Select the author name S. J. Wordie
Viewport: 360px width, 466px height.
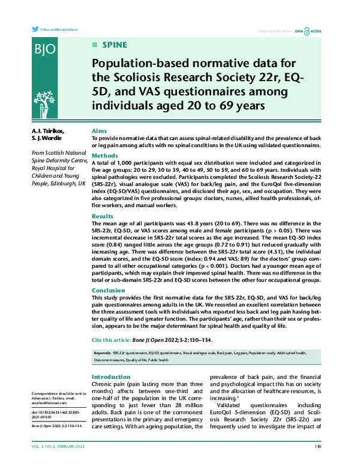pos(46,139)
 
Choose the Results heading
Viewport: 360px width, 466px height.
pos(103,216)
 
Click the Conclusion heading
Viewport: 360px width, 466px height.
pos(109,290)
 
